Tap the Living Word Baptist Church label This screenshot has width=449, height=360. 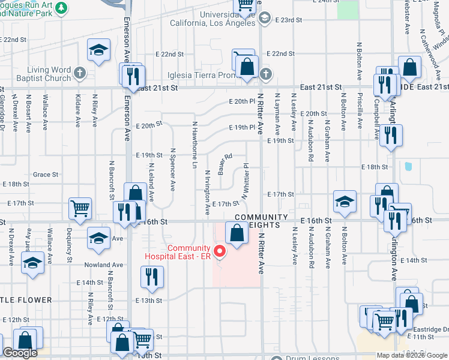[44, 74]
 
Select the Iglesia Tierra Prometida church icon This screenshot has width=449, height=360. [265, 75]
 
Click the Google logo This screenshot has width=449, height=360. [20, 353]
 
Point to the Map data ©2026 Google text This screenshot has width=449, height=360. [411, 355]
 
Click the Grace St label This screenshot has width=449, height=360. [46, 175]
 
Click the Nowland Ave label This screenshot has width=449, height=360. [104, 265]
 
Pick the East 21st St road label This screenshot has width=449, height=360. [157, 88]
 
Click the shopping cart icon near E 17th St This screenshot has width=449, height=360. [79, 208]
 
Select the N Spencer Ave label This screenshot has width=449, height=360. [172, 170]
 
